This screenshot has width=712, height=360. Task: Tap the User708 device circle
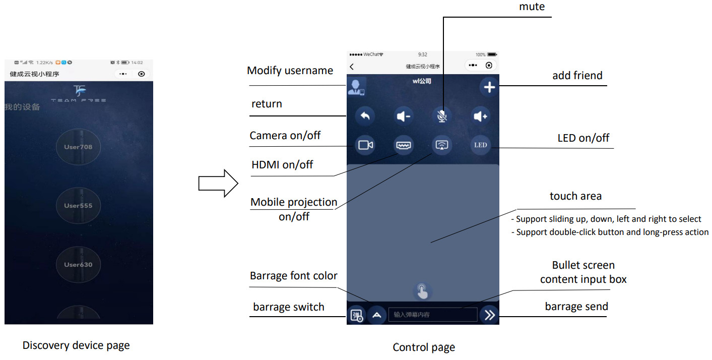coord(78,147)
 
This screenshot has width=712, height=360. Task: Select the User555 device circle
coord(78,206)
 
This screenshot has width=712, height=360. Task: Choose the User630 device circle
coord(78,264)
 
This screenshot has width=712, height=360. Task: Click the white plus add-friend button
coord(489,87)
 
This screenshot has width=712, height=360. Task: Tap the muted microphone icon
coord(442,116)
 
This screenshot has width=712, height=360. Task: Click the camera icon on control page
coord(365,145)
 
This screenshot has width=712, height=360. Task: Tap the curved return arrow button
coord(365,116)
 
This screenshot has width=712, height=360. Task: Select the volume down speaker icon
coord(404,116)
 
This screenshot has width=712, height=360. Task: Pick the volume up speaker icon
coord(480,116)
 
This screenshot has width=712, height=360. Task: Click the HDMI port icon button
coord(404,145)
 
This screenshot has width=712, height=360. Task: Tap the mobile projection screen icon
coord(442,145)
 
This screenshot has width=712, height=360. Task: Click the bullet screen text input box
coord(432,315)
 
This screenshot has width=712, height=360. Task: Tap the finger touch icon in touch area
coord(422,291)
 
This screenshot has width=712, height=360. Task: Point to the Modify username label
coord(290,71)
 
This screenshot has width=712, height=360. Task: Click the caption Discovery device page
coord(76,345)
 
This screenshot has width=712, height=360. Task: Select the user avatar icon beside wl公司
coord(356,87)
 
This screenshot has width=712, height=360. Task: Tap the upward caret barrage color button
coord(376,315)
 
